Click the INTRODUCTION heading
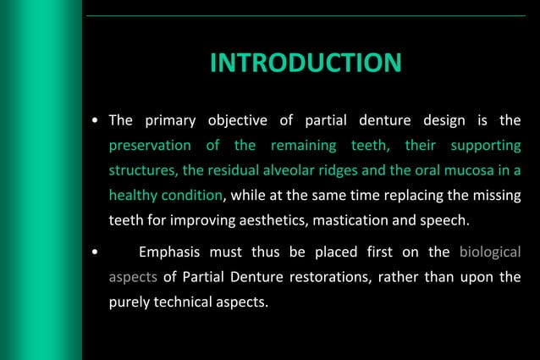click(x=305, y=64)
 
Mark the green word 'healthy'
click(x=132, y=194)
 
